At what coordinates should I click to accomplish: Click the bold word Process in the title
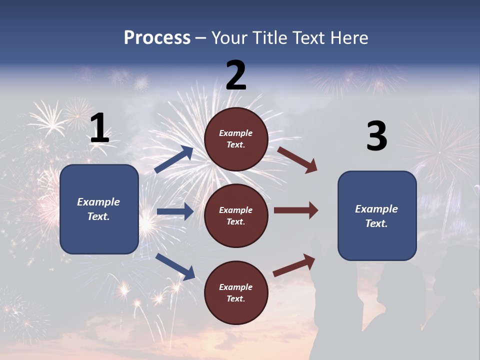157,37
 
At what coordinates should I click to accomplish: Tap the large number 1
99,128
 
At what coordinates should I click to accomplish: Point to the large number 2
236,75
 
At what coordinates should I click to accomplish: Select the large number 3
376,136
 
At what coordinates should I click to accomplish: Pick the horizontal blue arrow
175,211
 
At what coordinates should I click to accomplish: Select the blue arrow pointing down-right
175,266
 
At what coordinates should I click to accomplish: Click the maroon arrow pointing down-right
297,159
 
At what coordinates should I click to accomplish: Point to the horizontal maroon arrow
296,210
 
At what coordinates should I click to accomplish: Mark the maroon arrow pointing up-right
294,265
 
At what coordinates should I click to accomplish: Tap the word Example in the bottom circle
236,287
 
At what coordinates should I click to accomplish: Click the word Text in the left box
98,216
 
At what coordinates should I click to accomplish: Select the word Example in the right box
376,209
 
